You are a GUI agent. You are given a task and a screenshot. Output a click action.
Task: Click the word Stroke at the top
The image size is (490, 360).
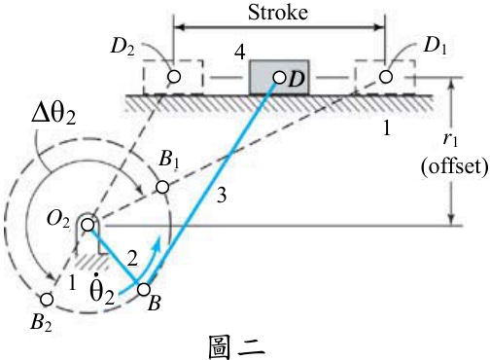(278, 13)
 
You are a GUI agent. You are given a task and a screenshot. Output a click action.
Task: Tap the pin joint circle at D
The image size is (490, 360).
(279, 78)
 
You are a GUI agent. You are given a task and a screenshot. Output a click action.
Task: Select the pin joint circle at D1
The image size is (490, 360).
(386, 77)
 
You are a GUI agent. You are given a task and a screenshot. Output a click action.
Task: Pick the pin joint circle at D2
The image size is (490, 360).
(174, 77)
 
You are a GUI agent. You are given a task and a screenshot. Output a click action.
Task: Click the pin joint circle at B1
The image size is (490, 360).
(162, 187)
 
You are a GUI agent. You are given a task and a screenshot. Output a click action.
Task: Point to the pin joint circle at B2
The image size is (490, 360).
(47, 299)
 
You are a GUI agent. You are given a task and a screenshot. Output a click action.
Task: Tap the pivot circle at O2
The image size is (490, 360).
(87, 225)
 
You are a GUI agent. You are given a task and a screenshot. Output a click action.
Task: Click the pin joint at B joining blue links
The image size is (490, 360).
(144, 289)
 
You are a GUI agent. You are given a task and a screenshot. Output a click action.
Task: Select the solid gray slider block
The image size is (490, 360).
(279, 77)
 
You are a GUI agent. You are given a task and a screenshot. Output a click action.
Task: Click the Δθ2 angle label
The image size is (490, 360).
(53, 114)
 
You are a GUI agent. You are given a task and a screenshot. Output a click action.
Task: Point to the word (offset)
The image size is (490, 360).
(454, 167)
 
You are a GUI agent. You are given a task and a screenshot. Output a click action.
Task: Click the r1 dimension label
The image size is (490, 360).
(450, 139)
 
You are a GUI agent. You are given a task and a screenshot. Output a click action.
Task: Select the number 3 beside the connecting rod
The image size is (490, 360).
(222, 196)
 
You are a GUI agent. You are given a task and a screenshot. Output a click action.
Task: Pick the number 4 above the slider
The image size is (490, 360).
(240, 53)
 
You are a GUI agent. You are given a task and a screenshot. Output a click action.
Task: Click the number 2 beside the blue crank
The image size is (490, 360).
(132, 259)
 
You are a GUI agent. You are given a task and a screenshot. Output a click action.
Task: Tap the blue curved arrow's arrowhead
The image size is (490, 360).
(157, 242)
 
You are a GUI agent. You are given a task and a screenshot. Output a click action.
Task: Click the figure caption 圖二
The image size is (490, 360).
(236, 347)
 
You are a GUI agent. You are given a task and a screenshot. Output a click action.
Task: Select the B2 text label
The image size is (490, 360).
(41, 323)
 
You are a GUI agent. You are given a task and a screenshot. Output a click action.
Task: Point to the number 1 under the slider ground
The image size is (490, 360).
(387, 127)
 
